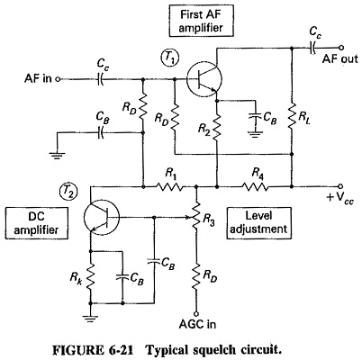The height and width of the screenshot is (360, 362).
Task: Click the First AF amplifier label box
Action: (201, 21)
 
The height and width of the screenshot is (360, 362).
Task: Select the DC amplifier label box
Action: (37, 223)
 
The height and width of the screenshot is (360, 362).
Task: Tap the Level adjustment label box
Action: (258, 223)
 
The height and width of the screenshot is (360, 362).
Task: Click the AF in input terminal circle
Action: (58, 79)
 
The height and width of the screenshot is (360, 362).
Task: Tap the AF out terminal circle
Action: (340, 48)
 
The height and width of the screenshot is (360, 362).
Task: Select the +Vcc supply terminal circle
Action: (340, 186)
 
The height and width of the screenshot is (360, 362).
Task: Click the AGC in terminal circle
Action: (195, 314)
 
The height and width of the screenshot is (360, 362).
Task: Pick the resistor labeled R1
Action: (169, 187)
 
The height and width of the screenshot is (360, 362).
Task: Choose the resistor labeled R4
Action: (255, 187)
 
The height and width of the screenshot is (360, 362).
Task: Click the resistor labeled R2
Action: (217, 128)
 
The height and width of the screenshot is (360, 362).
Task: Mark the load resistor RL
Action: (292, 116)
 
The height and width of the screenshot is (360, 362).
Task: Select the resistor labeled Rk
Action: (90, 276)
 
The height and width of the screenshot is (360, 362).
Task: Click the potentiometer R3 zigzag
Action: (195, 217)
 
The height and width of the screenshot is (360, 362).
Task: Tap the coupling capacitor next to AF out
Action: (312, 48)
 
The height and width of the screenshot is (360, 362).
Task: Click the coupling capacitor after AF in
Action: (100, 79)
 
